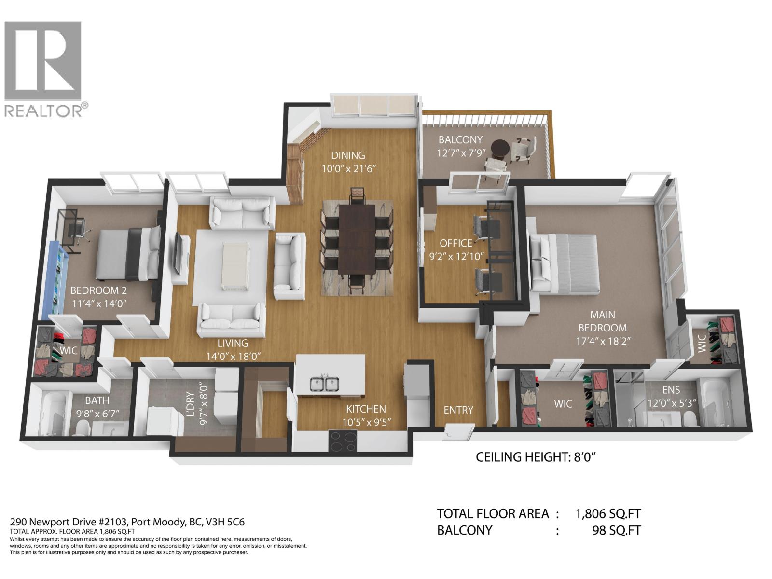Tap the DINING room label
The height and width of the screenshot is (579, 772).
[348, 155]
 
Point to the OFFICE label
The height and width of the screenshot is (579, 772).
[455, 243]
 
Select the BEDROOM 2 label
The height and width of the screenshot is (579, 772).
[95, 290]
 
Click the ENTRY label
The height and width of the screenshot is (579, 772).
[458, 410]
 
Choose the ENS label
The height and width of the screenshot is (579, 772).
[671, 390]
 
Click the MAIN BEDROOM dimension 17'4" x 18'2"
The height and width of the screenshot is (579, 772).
[603, 340]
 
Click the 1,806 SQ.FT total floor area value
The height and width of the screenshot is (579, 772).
[608, 514]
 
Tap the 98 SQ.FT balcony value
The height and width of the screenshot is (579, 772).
[616, 530]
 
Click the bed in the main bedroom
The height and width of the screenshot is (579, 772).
[565, 263]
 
